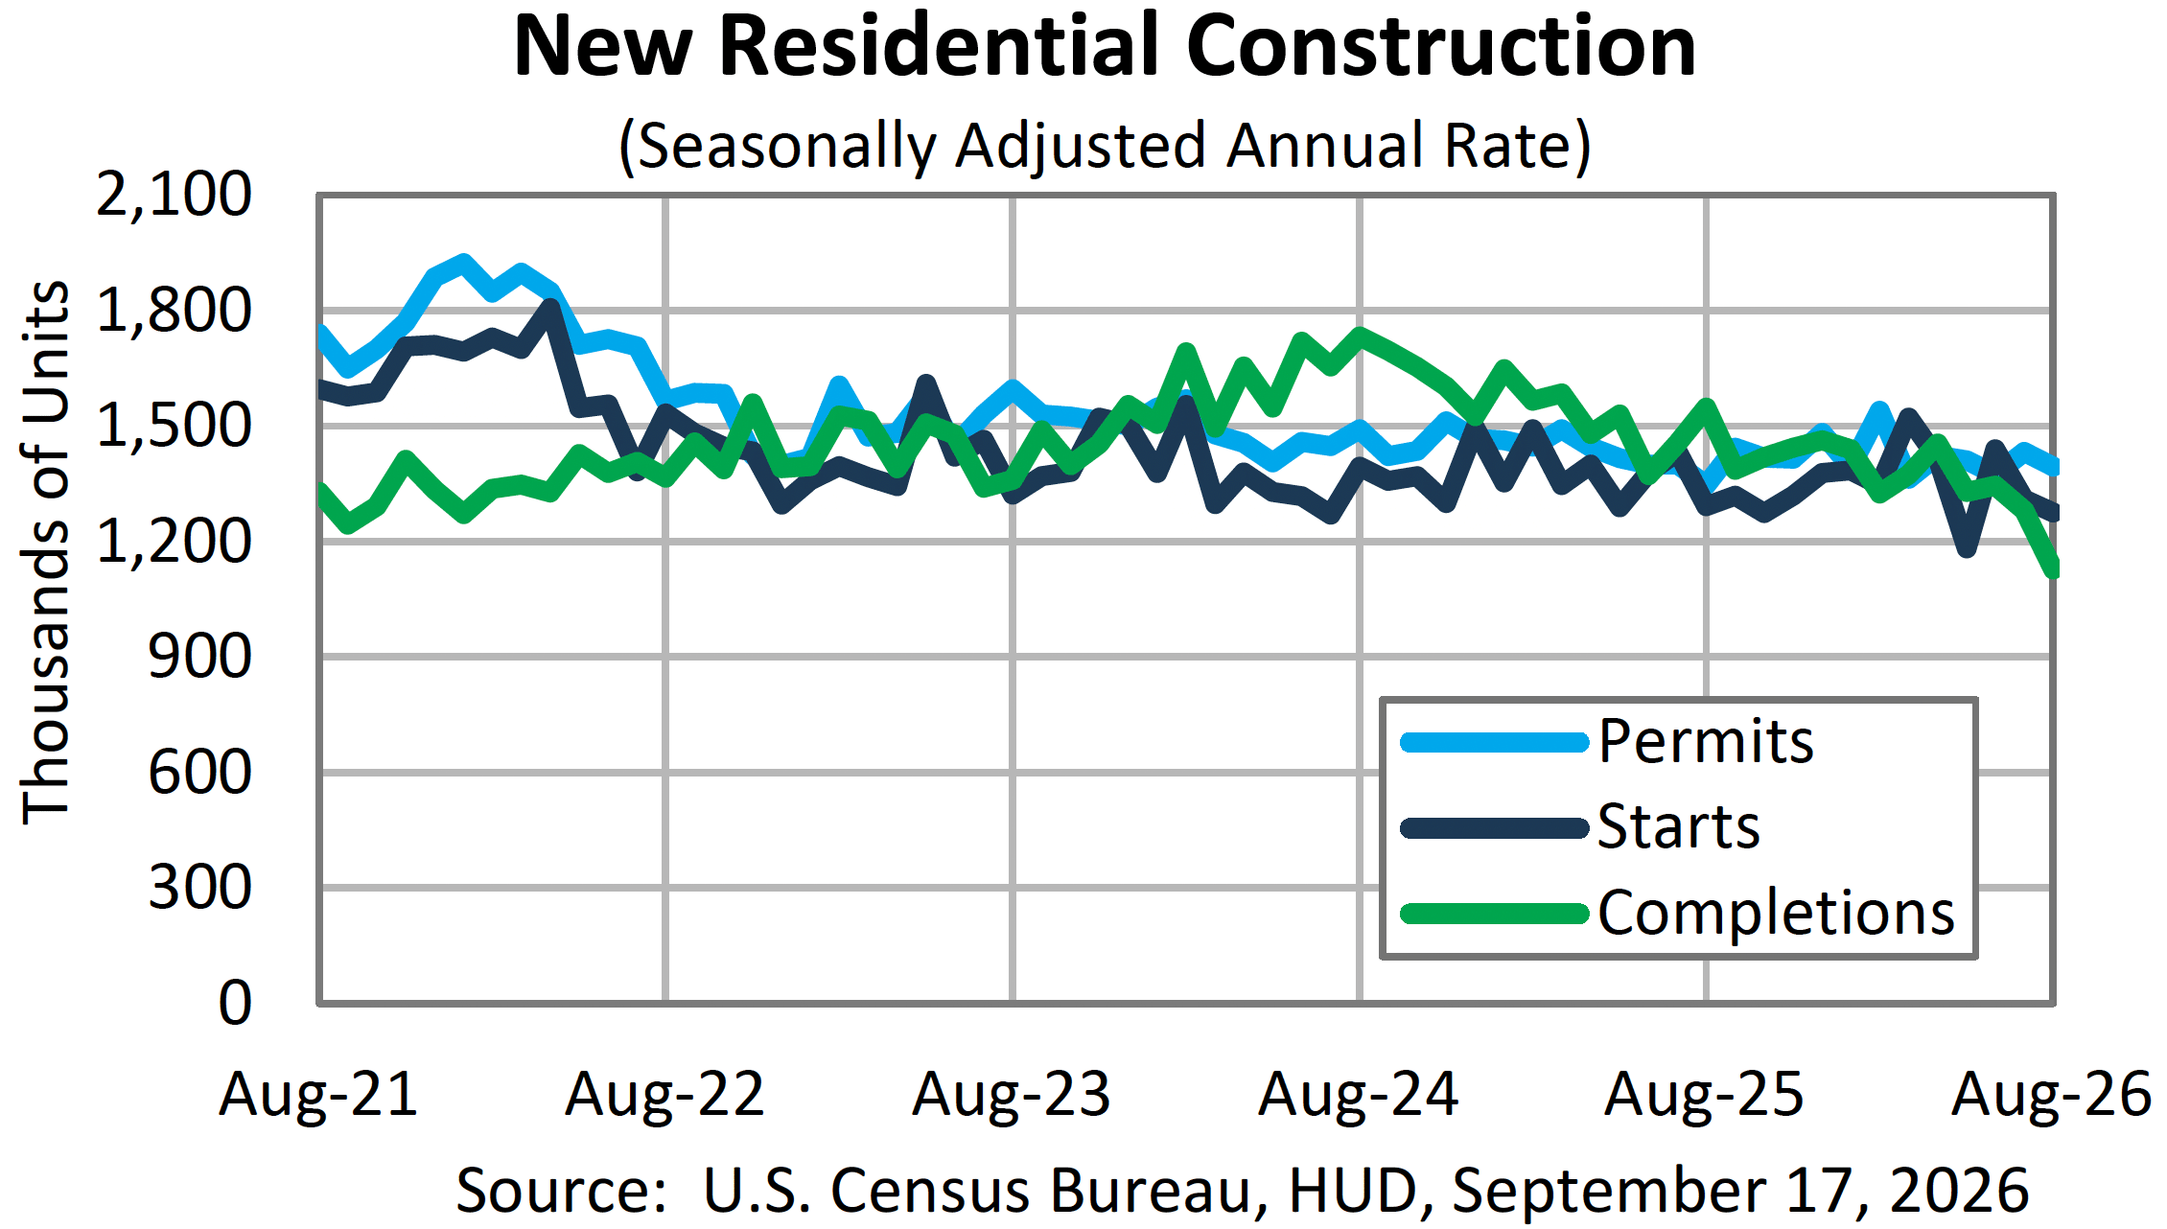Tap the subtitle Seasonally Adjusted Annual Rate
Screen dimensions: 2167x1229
(x=1105, y=146)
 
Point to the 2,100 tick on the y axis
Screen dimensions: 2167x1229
(x=175, y=195)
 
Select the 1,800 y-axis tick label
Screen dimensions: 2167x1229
(x=175, y=311)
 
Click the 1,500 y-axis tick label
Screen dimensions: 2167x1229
(x=175, y=426)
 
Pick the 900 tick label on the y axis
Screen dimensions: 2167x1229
(x=200, y=658)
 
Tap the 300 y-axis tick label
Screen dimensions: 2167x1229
(x=200, y=888)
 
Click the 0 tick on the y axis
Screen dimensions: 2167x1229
(x=236, y=1004)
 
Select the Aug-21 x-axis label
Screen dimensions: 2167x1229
(x=318, y=1095)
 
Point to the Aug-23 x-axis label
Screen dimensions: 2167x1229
(x=1012, y=1095)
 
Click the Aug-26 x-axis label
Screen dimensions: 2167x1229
(x=2051, y=1095)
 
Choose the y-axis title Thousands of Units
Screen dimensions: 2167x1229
(x=46, y=553)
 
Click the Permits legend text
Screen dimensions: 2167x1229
(x=1706, y=742)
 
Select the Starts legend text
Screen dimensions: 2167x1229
(x=1679, y=826)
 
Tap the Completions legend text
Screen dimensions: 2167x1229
(x=1776, y=912)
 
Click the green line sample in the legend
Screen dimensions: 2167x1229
(x=1494, y=914)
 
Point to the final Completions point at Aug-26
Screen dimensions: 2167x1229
(x=2051, y=568)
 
